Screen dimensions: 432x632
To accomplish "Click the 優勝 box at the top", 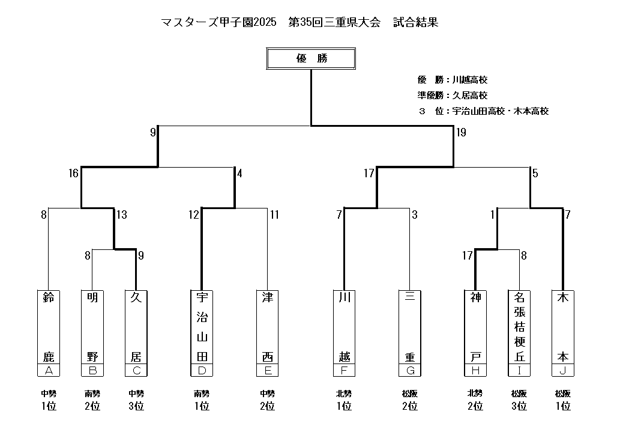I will [311, 59].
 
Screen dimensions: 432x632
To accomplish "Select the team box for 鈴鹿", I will [49, 327].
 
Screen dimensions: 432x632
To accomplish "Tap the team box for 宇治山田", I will [202, 327].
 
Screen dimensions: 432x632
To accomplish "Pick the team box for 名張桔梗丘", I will [519, 327].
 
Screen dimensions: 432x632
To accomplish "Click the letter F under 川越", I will [344, 370].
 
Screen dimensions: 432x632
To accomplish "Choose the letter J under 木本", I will [562, 370].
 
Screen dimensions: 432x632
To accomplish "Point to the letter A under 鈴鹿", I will [49, 370].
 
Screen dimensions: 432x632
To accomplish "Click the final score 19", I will [461, 133].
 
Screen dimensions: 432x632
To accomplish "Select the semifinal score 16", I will [73, 174].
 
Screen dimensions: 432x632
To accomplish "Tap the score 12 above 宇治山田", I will [193, 214].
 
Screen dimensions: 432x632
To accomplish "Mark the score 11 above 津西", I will [274, 214].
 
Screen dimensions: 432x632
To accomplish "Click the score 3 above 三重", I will [414, 214].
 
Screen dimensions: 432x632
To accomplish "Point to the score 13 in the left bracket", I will [122, 214].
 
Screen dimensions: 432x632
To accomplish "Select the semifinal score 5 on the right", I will [535, 174].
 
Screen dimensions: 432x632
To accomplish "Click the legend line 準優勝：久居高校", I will [453, 95].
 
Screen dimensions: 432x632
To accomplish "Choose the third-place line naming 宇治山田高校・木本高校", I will [484, 111].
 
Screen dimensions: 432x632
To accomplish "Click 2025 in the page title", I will [265, 22].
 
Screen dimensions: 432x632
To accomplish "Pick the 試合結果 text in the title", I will [415, 22].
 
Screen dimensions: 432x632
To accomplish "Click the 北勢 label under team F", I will [344, 394].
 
